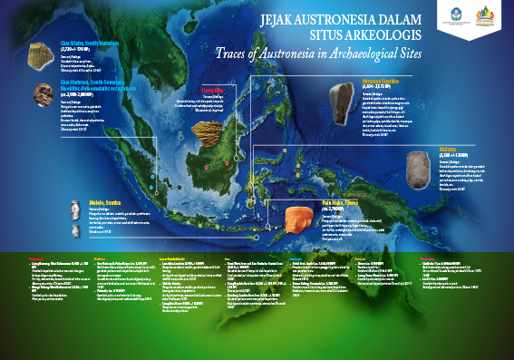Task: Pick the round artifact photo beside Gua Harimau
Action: tap(42, 92)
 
